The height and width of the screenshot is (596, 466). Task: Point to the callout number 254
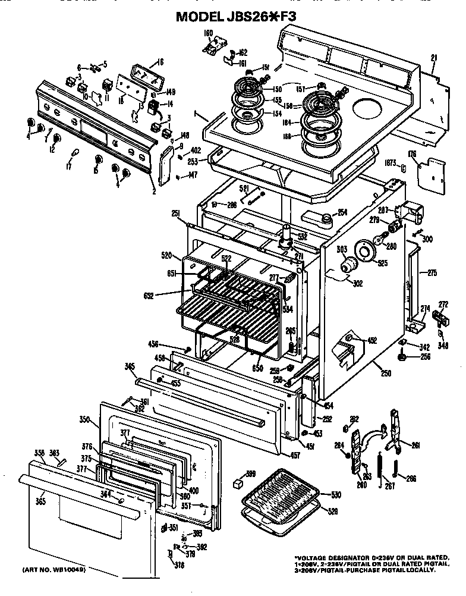click(x=342, y=212)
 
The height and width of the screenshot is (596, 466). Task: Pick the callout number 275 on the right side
click(x=432, y=274)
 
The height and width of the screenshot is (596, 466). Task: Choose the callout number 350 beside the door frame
click(x=84, y=419)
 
